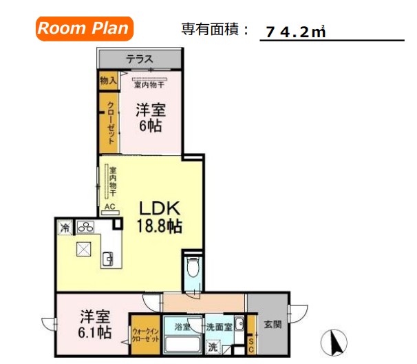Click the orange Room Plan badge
tap(83, 28)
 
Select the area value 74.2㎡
tap(295, 32)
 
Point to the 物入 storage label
tap(107, 81)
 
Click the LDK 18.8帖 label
tap(160, 215)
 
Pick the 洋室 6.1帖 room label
tap(94, 324)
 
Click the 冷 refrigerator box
tap(65, 227)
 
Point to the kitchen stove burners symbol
tap(87, 227)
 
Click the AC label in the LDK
tap(108, 206)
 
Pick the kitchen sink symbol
tap(108, 259)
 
